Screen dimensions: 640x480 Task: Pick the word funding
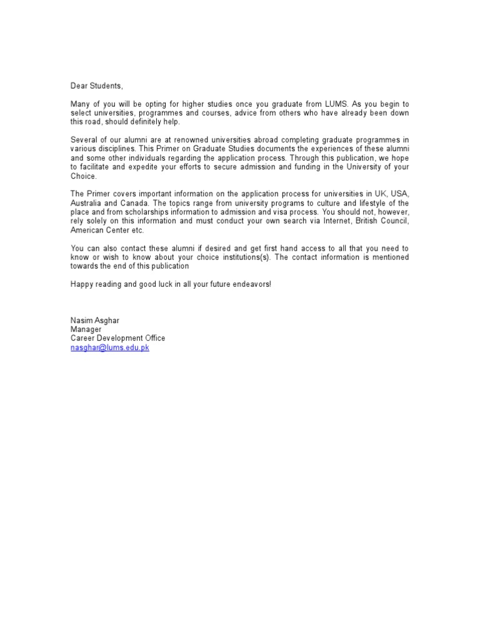pos(307,167)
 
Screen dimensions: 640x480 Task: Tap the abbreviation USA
pos(399,194)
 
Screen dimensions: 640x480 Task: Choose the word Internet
pos(319,221)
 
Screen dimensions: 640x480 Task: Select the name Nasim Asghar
pos(94,321)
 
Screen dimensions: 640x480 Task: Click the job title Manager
pos(86,329)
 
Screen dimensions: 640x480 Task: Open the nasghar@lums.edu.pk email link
pos(109,347)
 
